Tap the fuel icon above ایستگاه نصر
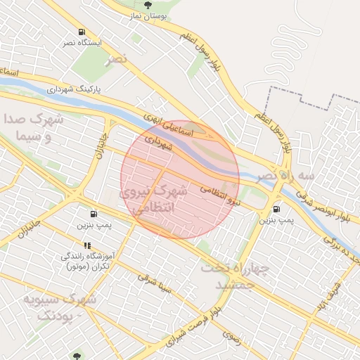click(x=83, y=32)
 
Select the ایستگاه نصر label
click(x=83, y=43)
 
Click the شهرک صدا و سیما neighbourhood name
click(x=33, y=128)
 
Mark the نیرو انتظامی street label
click(x=219, y=195)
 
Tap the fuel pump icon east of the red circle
click(x=276, y=209)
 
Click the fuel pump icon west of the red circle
click(x=94, y=214)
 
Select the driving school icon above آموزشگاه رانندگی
click(x=87, y=245)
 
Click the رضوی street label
click(x=232, y=335)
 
